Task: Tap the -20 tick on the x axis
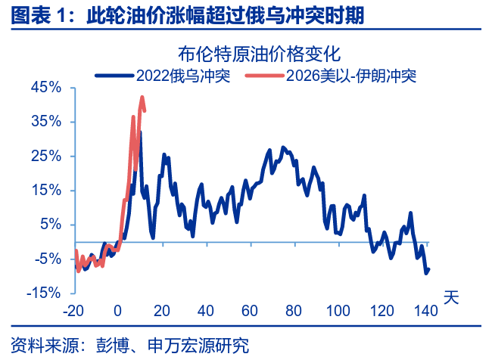tap(73, 310)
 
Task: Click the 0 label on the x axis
tap(118, 310)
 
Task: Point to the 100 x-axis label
tap(338, 310)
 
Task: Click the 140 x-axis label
tap(427, 310)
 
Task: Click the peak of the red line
tap(142, 97)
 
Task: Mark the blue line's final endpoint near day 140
tap(429, 269)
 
